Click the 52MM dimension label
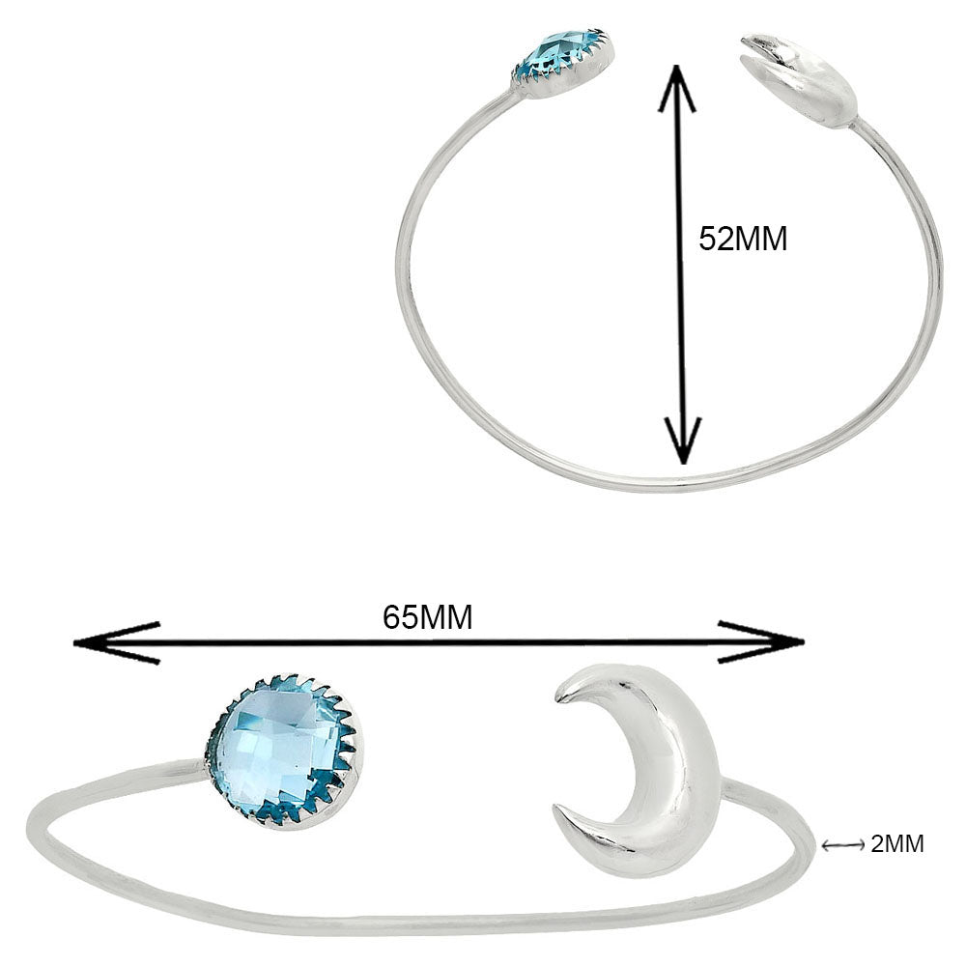[x=743, y=239]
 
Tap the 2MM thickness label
[x=897, y=844]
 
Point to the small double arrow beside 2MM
[x=841, y=845]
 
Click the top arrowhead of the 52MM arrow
[x=684, y=82]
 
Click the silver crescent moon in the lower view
[x=657, y=773]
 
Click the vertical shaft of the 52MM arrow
[x=684, y=319]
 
